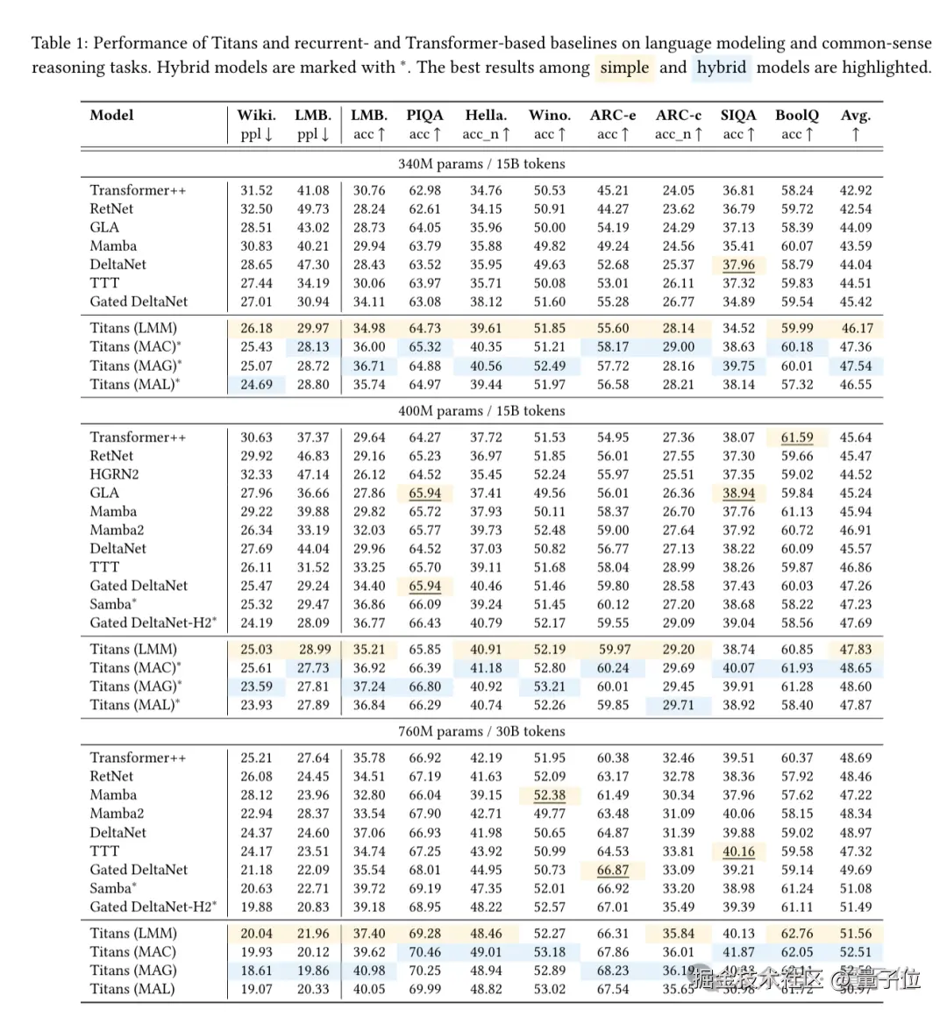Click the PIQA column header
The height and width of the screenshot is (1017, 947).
coord(424,115)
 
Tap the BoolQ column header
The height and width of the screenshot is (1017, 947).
coord(796,115)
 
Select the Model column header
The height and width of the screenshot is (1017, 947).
coord(111,115)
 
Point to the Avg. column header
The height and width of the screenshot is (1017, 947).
coord(855,115)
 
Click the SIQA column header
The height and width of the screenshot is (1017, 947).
coord(738,115)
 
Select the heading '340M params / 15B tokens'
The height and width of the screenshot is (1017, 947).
coord(481,164)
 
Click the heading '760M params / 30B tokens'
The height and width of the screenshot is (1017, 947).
coord(481,731)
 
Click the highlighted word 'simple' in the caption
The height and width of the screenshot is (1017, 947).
coord(624,68)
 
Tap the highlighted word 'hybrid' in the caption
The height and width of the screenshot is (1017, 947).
coord(721,68)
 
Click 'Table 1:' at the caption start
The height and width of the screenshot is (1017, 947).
coord(60,43)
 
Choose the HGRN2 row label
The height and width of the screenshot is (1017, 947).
coord(114,474)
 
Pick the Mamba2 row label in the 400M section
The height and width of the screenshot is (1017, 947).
coord(117,530)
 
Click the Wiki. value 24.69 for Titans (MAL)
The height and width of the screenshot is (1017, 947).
coord(256,384)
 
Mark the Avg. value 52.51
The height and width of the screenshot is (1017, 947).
coord(855,952)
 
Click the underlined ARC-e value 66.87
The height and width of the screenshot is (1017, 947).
coord(612,870)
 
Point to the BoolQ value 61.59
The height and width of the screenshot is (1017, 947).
coord(797,437)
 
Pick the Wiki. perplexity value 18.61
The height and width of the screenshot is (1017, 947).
coord(256,971)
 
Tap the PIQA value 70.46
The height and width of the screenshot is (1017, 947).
coord(424,952)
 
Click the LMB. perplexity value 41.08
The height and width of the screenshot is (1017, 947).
coord(313,190)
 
